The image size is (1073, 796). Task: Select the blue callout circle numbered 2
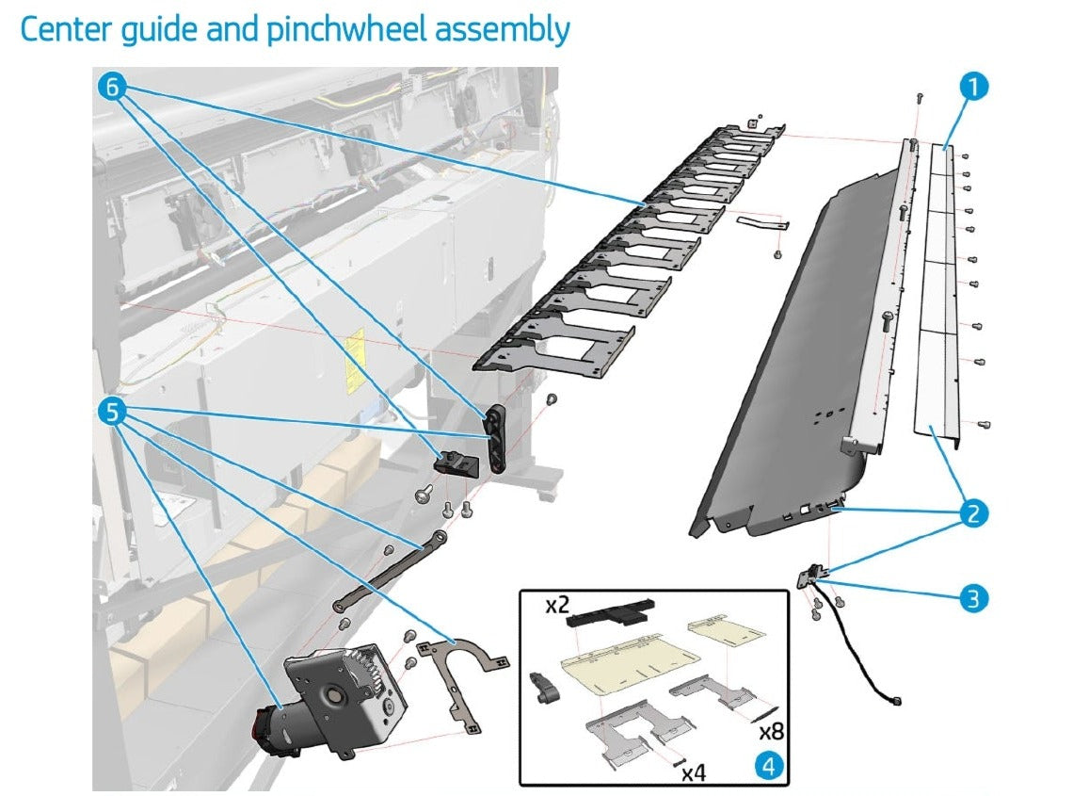coord(974,513)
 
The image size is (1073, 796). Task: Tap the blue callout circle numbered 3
coord(974,597)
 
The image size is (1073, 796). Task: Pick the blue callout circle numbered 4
coord(769,767)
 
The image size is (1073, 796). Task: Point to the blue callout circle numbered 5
coord(112,412)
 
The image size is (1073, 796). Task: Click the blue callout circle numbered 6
coord(112,86)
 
